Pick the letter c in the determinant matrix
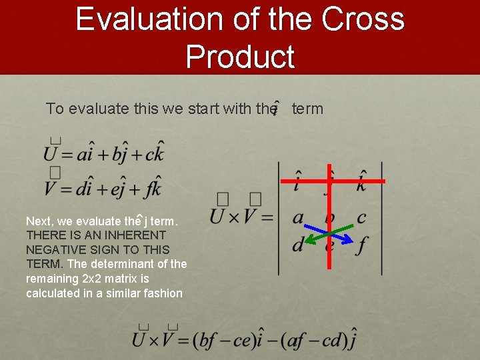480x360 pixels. (x=361, y=217)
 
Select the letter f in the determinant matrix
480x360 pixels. (x=361, y=246)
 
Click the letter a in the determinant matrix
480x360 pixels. (x=298, y=217)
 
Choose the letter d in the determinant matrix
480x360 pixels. (x=297, y=245)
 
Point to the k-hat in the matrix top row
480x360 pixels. (x=361, y=181)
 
